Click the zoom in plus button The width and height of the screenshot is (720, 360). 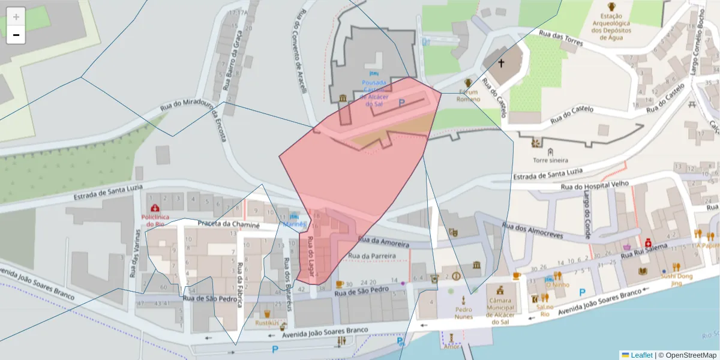[16, 16]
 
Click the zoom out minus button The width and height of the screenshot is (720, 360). [16, 35]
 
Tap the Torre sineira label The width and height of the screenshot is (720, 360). [550, 160]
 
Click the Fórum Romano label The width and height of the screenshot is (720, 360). [469, 95]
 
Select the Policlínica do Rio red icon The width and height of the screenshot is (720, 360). [155, 208]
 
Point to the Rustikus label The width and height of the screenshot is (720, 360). [267, 322]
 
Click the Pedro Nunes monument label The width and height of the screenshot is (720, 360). [463, 313]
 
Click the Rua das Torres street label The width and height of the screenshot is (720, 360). [561, 39]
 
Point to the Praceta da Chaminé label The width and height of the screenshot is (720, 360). [229, 225]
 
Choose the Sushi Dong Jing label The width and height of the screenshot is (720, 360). [676, 279]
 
